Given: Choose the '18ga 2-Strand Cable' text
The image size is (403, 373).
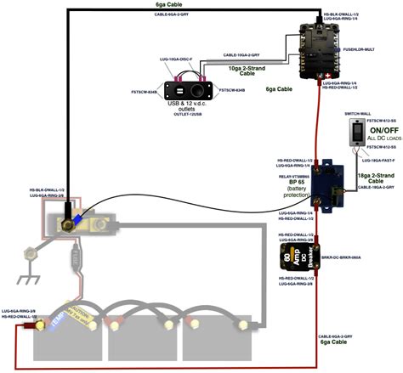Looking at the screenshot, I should click(x=374, y=177).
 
